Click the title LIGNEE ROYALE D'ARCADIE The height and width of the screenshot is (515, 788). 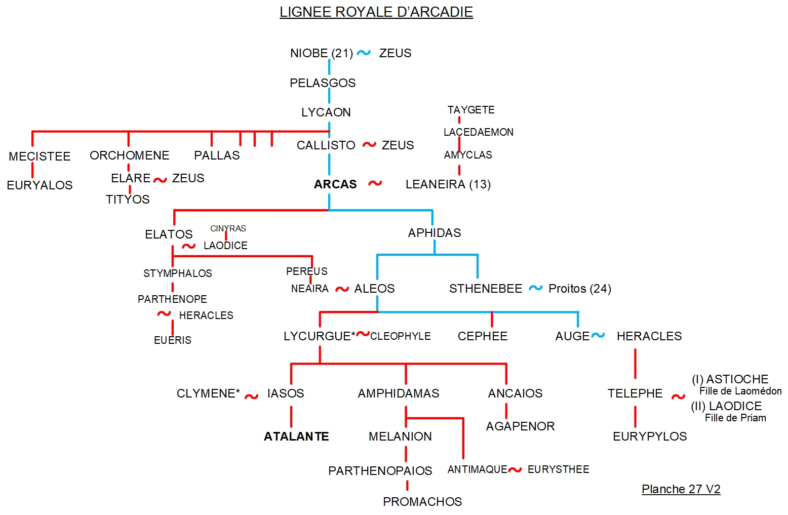tap(376, 12)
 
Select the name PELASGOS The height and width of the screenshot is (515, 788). tap(323, 83)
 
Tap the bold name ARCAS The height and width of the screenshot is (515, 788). tap(335, 184)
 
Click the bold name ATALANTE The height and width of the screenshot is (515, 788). tap(296, 437)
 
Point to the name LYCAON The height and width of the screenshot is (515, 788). tap(326, 112)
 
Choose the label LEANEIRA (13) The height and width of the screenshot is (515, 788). tap(448, 184)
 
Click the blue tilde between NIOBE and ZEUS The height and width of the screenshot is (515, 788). tap(364, 53)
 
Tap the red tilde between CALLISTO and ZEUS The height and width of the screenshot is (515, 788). tap(369, 145)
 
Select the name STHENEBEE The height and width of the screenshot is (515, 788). tap(485, 289)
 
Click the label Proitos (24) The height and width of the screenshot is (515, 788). tap(579, 289)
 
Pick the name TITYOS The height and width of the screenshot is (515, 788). tap(128, 200)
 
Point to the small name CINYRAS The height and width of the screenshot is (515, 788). tap(228, 229)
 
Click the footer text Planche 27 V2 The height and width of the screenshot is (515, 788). tap(681, 489)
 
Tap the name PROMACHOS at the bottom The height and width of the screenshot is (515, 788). tap(422, 502)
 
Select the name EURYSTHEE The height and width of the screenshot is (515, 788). tap(558, 469)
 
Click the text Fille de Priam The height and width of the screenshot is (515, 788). tap(735, 418)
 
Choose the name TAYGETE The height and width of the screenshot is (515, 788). tap(470, 110)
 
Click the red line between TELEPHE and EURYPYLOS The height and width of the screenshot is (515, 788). tap(635, 417)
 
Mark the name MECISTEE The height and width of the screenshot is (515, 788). tap(40, 156)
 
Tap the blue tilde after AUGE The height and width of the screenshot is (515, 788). tap(598, 335)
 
